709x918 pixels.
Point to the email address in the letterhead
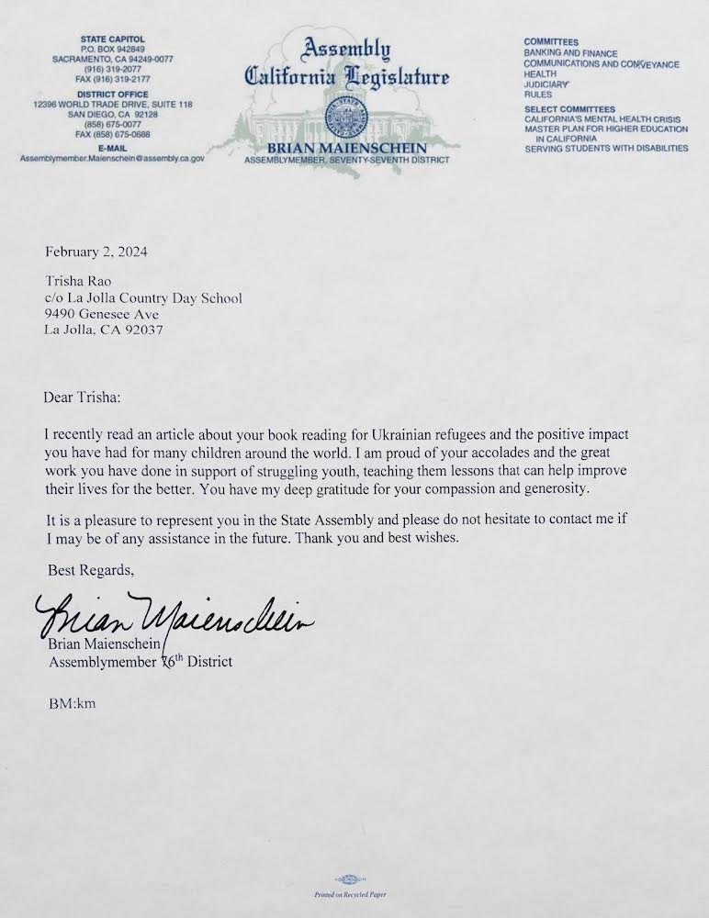(x=111, y=158)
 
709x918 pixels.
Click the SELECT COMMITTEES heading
(x=568, y=109)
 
